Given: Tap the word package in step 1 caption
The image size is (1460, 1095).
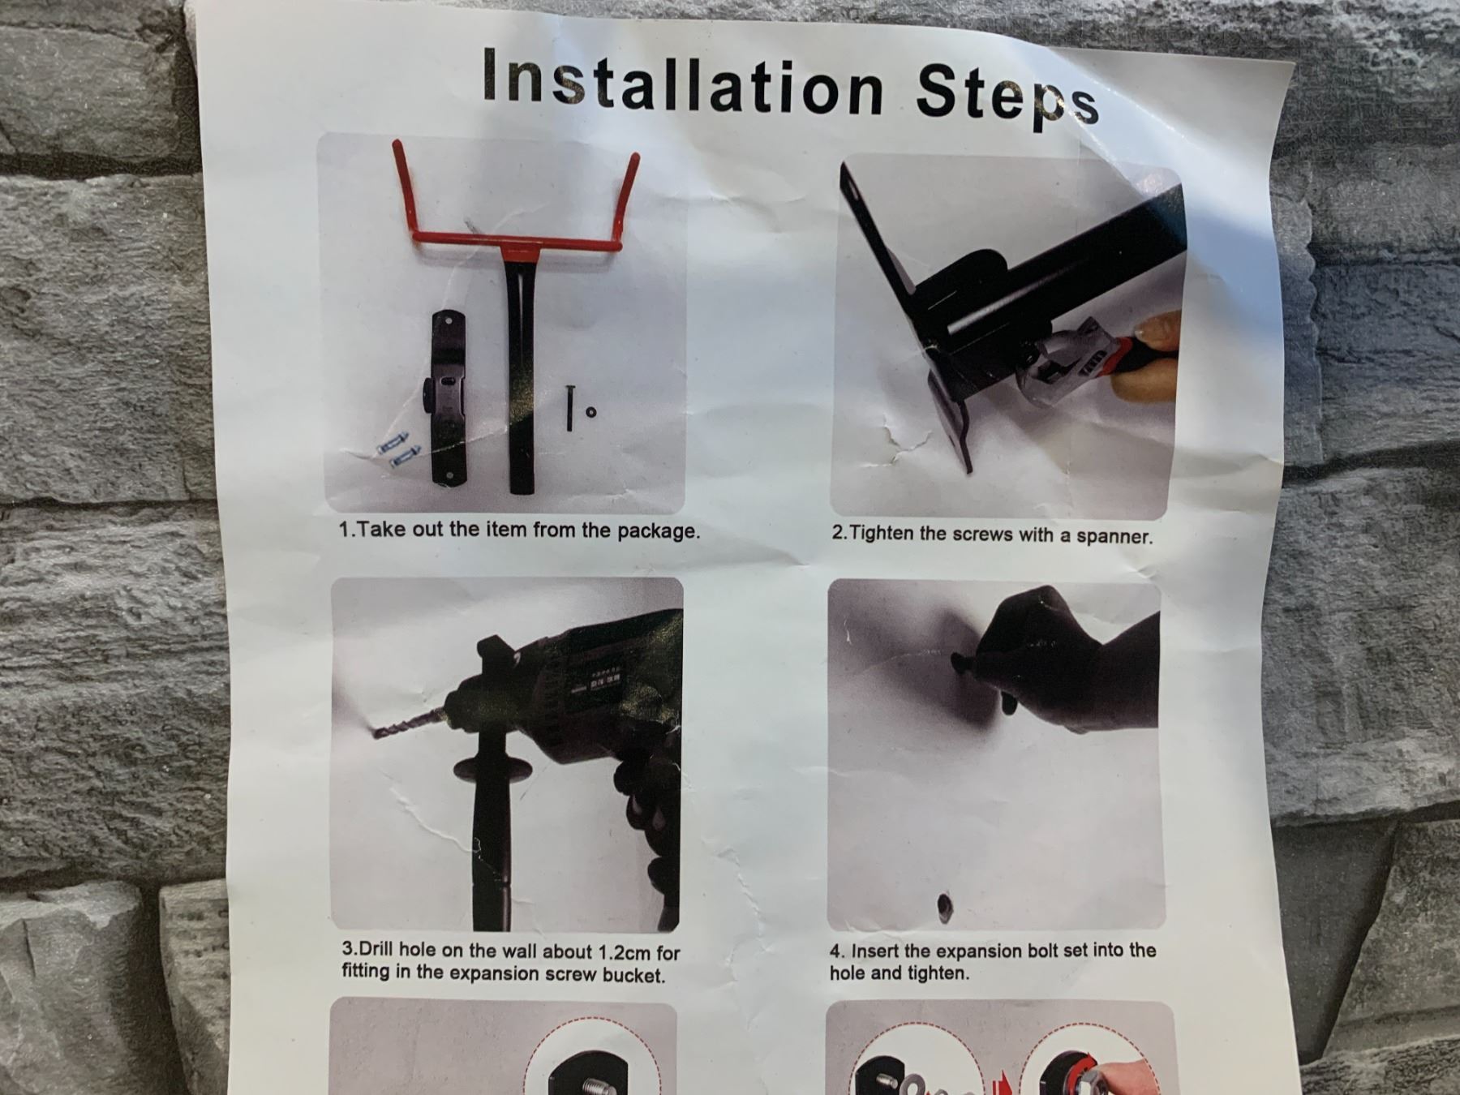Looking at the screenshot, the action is point(657,532).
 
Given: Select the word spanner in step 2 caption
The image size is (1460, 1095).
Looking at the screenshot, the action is point(1114,536).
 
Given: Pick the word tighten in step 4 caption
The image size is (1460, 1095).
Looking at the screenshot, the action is point(942,973).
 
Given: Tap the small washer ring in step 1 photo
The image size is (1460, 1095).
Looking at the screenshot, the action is point(590,412).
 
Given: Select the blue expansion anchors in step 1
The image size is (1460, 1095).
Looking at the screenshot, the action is point(398,451).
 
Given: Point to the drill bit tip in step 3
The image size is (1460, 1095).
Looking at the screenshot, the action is point(375,733).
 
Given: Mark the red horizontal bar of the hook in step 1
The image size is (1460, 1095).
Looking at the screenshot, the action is point(519,242).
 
